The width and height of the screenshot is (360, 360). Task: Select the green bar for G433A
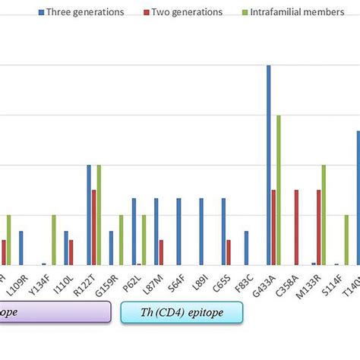click(x=279, y=190)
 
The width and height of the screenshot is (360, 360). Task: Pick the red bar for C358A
click(x=296, y=227)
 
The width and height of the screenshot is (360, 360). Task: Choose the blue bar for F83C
click(x=246, y=248)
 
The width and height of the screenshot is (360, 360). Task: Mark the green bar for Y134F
click(x=54, y=240)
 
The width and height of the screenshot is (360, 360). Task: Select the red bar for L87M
click(x=161, y=252)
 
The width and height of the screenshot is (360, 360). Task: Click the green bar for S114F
click(x=346, y=240)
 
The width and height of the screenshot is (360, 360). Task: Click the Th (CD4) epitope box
click(x=182, y=313)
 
